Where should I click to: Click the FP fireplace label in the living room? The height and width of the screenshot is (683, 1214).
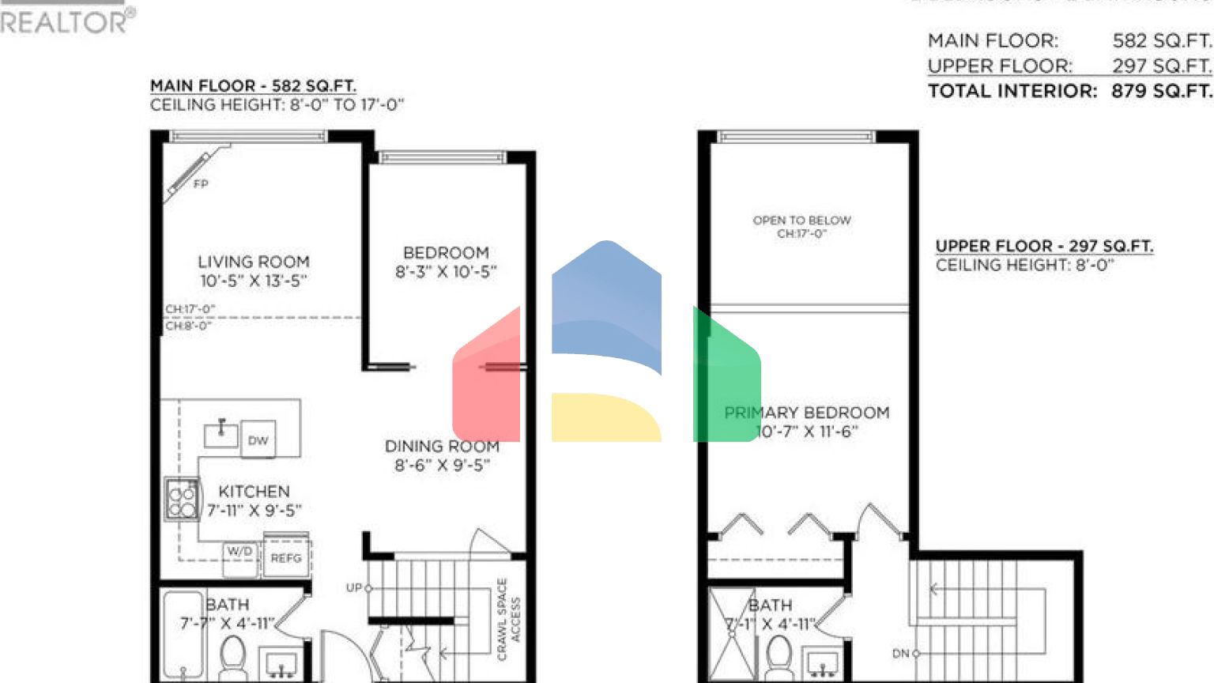pyautogui.click(x=201, y=184)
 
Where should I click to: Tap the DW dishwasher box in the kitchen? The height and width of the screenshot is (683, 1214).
pyautogui.click(x=258, y=440)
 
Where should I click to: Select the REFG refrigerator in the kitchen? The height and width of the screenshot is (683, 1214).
pyautogui.click(x=286, y=558)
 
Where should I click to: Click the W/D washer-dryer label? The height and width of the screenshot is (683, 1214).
pyautogui.click(x=239, y=552)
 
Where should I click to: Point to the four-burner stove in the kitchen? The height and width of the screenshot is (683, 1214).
pyautogui.click(x=182, y=500)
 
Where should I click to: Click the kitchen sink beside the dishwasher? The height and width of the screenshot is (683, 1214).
pyautogui.click(x=221, y=433)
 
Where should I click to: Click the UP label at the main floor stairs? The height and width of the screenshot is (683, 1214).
pyautogui.click(x=354, y=588)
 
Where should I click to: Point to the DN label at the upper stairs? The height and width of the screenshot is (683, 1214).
pyautogui.click(x=901, y=654)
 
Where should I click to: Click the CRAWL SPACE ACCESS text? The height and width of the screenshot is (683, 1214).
pyautogui.click(x=508, y=618)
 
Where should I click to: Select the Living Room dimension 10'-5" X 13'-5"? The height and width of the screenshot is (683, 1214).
pyautogui.click(x=253, y=281)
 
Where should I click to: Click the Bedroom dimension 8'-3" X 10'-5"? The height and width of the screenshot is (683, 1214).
pyautogui.click(x=446, y=272)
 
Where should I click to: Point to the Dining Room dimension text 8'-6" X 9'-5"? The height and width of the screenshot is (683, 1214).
pyautogui.click(x=442, y=466)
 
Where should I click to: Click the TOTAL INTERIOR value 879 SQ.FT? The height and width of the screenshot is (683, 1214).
pyautogui.click(x=1161, y=91)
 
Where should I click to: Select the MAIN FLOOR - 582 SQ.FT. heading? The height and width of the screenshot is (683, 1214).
pyautogui.click(x=253, y=85)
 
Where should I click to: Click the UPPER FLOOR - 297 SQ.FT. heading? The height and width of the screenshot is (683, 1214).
pyautogui.click(x=1043, y=246)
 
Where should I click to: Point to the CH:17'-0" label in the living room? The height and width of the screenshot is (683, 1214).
pyautogui.click(x=190, y=309)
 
